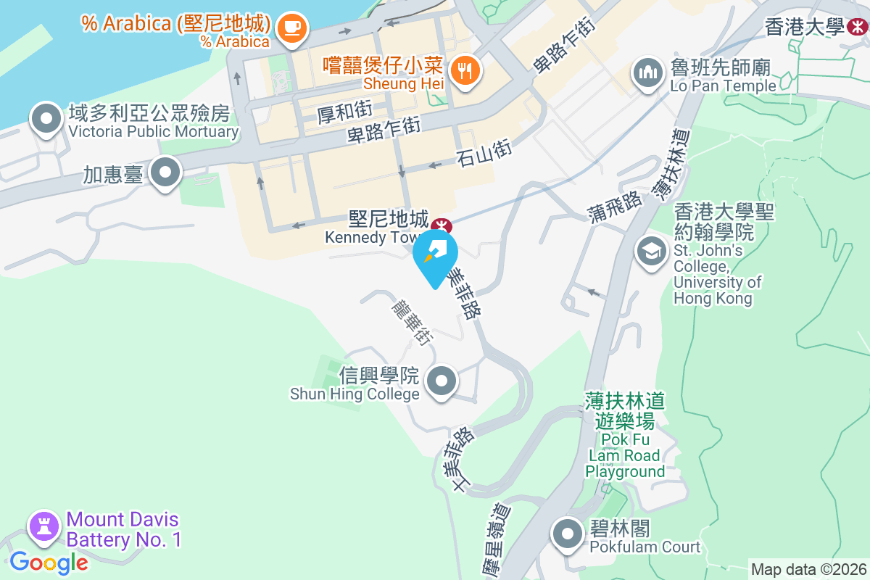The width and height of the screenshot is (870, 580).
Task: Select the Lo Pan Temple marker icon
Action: click(647, 73)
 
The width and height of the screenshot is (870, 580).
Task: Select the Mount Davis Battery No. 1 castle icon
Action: click(44, 527)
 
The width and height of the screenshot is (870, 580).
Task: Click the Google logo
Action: click(49, 562)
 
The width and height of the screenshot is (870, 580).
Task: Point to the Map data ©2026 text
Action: click(808, 569)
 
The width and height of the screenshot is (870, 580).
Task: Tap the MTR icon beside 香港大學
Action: click(858, 28)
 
